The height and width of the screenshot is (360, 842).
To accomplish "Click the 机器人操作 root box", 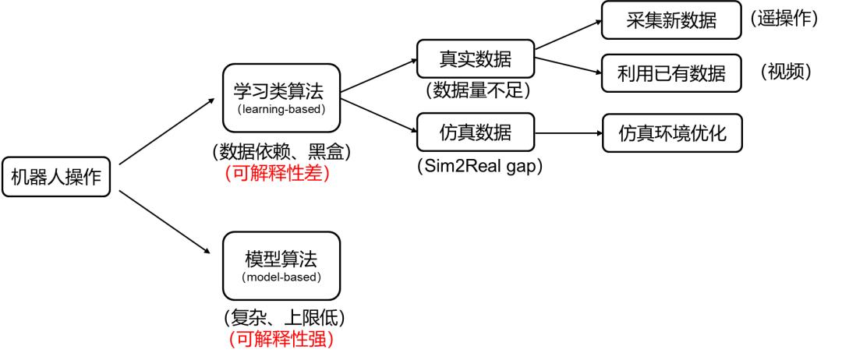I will tap(55, 178).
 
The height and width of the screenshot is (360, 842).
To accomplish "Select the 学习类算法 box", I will tap(279, 90).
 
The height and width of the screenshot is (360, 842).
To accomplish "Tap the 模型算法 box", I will tap(281, 259).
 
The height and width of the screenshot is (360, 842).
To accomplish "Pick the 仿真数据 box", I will tap(475, 132).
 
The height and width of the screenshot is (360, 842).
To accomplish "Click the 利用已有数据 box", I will tap(671, 74).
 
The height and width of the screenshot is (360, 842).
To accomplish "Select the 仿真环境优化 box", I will tap(671, 133).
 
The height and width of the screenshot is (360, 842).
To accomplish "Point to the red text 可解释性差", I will tap(277, 174).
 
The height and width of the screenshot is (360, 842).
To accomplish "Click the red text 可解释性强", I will tap(281, 340).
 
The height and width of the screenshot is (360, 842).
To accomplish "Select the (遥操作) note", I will tap(784, 19).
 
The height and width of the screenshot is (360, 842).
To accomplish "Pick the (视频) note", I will tap(787, 72).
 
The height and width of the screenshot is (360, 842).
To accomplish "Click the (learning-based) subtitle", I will tap(280, 109).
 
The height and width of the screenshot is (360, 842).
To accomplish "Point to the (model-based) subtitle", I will tap(281, 277).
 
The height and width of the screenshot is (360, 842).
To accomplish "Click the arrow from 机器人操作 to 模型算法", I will tap(165, 223).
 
